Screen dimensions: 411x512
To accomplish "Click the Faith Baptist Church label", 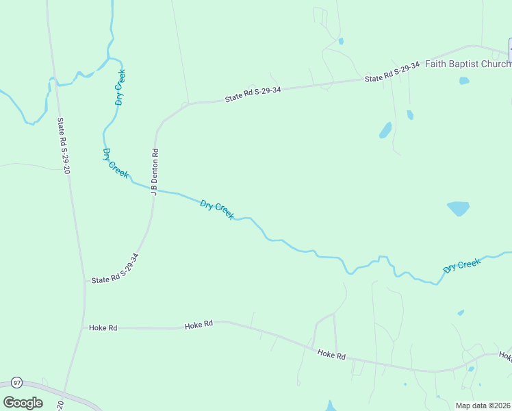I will (x=468, y=64).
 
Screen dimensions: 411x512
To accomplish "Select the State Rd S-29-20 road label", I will (x=64, y=146).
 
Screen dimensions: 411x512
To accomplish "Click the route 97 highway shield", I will (x=17, y=382).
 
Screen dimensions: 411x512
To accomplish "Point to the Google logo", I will (x=23, y=402).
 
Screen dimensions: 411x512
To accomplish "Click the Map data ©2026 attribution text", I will (x=483, y=406).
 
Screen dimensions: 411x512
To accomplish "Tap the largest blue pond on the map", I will (x=458, y=208).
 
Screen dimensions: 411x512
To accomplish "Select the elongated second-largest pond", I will (x=385, y=129).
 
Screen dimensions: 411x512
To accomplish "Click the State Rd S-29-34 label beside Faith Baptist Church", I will (x=392, y=75).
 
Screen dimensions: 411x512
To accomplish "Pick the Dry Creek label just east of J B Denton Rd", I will (x=217, y=210).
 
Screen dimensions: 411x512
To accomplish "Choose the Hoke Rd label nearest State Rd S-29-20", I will (x=103, y=328).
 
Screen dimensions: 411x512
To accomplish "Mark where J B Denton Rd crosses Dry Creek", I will (x=153, y=188).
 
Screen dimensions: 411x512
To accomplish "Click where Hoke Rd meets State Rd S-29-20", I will (x=84, y=328).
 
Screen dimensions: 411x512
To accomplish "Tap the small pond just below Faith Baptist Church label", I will (x=464, y=80).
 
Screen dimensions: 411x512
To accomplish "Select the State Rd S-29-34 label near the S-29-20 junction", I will (x=116, y=269).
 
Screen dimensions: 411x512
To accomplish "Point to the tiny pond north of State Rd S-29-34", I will (x=341, y=41).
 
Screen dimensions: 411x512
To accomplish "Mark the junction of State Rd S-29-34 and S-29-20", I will (x=85, y=281).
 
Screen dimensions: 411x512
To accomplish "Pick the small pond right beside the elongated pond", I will (x=409, y=114).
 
